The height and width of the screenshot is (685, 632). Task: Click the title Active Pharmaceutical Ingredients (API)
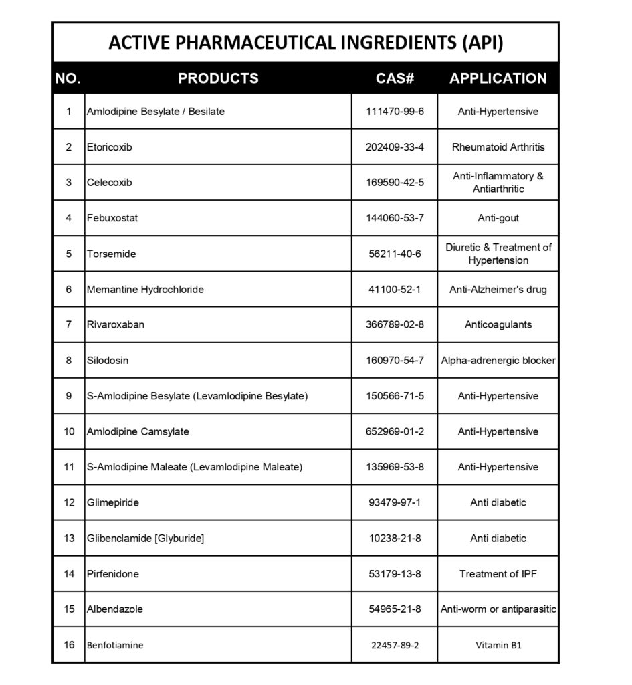coord(306,43)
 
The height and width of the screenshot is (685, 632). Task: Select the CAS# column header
coord(395,78)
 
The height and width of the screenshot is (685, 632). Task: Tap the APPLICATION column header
coord(498,78)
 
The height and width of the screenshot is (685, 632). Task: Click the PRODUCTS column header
coord(218,78)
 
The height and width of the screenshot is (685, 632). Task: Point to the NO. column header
coord(68,78)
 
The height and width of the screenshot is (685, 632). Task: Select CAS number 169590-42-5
coord(395,183)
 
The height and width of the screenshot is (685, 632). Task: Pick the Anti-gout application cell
coord(498,218)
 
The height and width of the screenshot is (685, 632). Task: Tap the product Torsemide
coord(110,254)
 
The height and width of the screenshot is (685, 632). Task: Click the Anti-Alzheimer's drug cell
coord(498,290)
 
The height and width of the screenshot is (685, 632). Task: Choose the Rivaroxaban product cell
coord(115,325)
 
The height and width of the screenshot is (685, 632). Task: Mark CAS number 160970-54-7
coord(395,361)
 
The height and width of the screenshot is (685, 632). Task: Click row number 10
coord(69,431)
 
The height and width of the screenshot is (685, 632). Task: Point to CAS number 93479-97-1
coord(395,502)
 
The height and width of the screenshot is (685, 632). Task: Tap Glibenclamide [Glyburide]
coord(145,538)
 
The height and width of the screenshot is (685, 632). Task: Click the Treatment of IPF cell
coord(498,574)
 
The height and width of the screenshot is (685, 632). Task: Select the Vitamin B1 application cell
coord(498,646)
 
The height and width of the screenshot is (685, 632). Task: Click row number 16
coord(69,645)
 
